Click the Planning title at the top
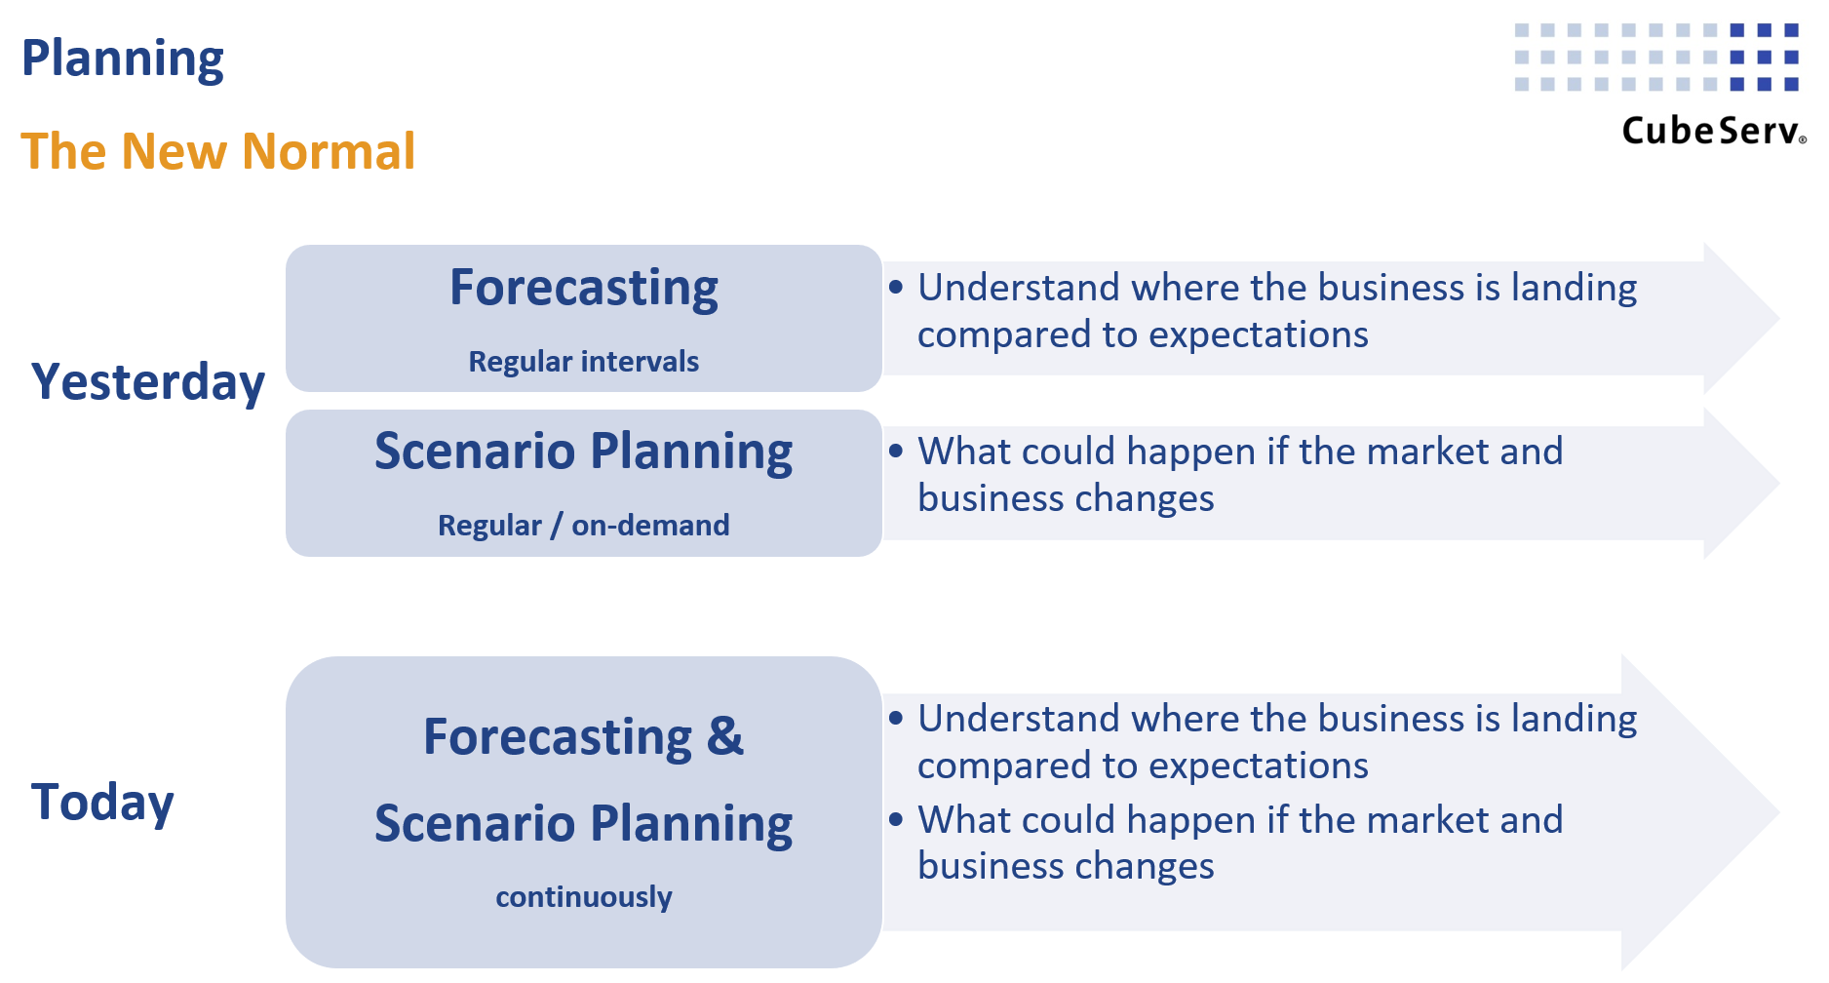tap(123, 59)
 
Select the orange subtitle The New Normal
tap(218, 151)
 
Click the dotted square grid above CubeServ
tap(1655, 58)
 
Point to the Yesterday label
tap(148, 381)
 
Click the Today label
tap(102, 802)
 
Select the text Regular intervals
tap(583, 362)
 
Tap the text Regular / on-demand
tap(583, 526)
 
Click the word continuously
tap(583, 897)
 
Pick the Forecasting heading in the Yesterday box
tap(583, 288)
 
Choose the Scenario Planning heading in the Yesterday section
tap(583, 452)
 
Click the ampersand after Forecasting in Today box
tap(724, 736)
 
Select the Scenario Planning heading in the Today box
tap(583, 823)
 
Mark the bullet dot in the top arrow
tap(896, 288)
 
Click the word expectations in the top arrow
tap(1259, 334)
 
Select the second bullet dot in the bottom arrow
tap(896, 820)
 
